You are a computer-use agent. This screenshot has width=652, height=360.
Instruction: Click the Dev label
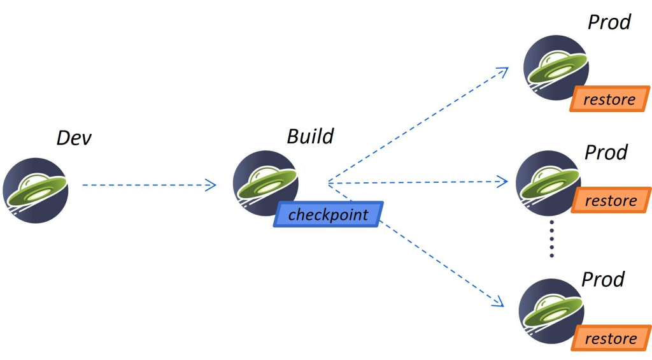pos(74,138)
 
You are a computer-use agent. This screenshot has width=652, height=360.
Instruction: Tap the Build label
pos(310,136)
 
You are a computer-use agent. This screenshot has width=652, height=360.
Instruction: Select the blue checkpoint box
pos(328,215)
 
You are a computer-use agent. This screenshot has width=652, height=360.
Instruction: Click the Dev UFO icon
pos(35,190)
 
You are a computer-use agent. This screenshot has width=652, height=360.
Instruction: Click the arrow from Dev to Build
pos(149,185)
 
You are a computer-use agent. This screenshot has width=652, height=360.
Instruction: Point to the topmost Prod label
pos(609,22)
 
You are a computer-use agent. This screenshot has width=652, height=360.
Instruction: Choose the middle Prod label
pos(606,153)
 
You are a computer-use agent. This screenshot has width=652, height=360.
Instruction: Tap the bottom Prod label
pos(603,279)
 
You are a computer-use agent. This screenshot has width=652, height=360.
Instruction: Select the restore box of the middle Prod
pos(611,201)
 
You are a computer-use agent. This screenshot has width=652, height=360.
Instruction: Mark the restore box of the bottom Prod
pos(610,338)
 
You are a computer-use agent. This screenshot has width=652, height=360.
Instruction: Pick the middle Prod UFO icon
pos(546,182)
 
